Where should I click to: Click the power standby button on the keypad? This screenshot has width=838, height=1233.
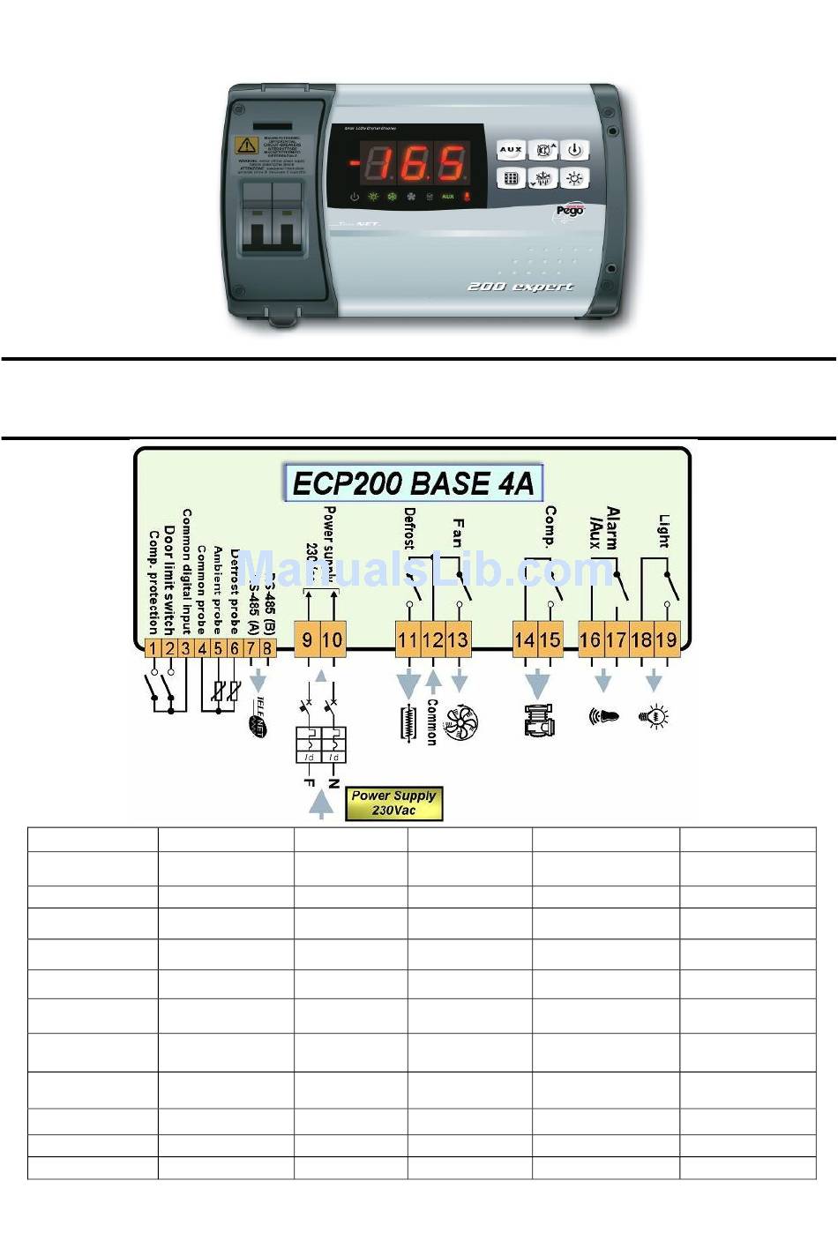coord(574,150)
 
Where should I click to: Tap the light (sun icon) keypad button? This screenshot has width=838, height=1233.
coord(574,178)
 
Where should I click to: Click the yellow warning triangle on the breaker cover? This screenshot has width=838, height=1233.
coord(246,146)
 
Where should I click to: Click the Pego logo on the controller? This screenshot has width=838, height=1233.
coord(571,211)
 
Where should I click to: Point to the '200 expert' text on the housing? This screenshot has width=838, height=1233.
coord(520,287)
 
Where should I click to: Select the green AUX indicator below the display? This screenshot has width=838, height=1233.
coord(447,197)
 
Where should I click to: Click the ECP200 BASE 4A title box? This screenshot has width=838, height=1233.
coord(414,483)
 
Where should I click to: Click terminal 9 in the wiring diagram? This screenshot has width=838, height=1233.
coord(307,639)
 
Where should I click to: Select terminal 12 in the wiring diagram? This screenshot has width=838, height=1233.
coord(432,639)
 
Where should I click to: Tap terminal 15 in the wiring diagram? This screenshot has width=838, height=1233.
coord(550,639)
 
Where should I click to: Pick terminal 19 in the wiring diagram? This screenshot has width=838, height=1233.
coord(666,639)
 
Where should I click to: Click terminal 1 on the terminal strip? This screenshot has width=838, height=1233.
coord(153,649)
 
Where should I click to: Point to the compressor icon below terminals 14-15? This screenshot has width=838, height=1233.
coord(538,719)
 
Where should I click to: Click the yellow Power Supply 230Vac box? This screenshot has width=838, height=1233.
coord(393,803)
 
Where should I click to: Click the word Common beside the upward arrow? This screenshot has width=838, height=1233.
coord(432,721)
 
